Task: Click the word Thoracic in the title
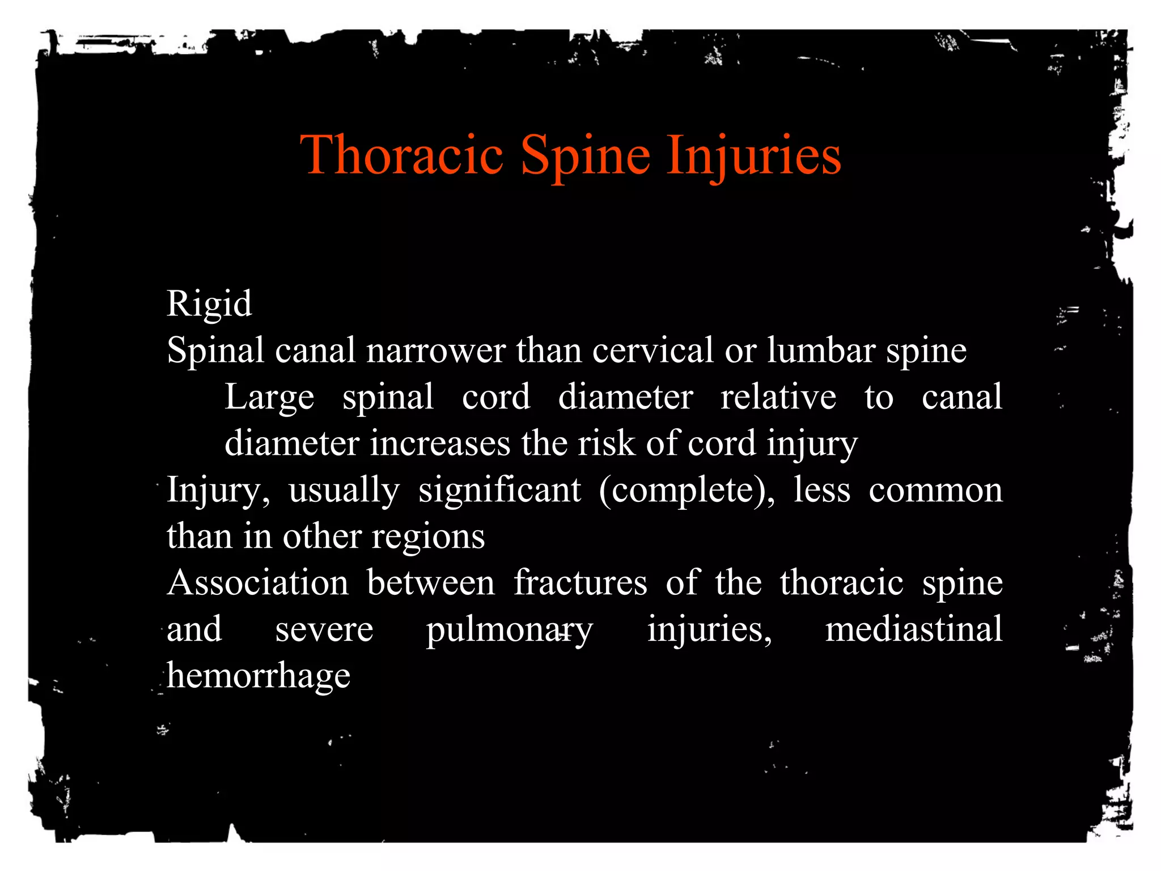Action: click(x=401, y=154)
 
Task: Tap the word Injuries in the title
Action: click(x=754, y=155)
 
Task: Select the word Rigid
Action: click(x=209, y=305)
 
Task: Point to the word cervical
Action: click(x=652, y=350)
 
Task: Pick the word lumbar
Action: click(x=821, y=350)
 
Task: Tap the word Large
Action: click(x=269, y=397)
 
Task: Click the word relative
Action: click(x=778, y=397)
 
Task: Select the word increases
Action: click(x=440, y=443)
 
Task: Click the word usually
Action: click(x=344, y=490)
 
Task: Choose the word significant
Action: click(x=499, y=490)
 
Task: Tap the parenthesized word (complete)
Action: click(x=687, y=491)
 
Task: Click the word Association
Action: click(x=258, y=583)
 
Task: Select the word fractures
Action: click(x=580, y=583)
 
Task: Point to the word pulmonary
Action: click(x=509, y=631)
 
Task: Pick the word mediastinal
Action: click(x=913, y=629)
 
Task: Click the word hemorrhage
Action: click(x=259, y=677)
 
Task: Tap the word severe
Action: click(x=324, y=631)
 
